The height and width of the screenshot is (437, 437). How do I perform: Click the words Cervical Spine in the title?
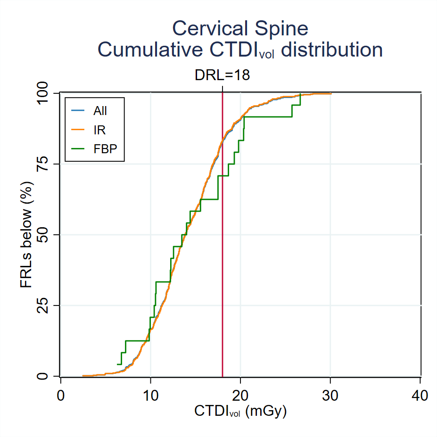click(x=240, y=28)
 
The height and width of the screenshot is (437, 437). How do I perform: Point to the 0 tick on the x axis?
click(x=60, y=396)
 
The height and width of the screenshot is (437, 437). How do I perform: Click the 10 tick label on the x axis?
click(x=150, y=396)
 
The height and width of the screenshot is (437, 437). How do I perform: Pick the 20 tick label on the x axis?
click(x=240, y=396)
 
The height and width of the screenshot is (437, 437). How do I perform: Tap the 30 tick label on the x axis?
click(x=330, y=396)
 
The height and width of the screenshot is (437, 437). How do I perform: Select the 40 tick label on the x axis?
click(x=420, y=396)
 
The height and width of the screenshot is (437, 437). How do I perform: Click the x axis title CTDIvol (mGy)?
click(x=240, y=412)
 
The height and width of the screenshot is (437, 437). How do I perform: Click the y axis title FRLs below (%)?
click(x=26, y=235)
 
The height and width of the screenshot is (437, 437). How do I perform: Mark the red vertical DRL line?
click(x=222, y=283)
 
